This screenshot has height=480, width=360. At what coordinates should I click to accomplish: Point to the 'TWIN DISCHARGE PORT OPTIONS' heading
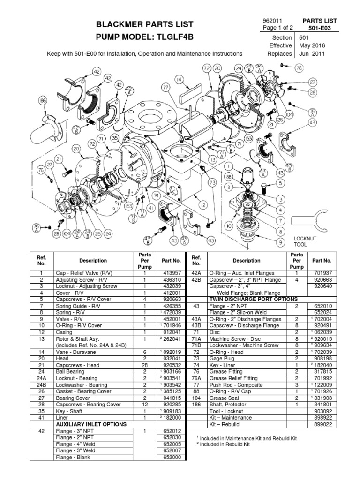pos(254,299)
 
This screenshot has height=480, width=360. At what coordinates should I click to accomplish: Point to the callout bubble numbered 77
pos(165,87)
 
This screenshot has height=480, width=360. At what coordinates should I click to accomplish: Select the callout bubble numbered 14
pos(179,80)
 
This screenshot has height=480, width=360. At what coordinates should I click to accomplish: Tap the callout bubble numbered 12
pos(203,204)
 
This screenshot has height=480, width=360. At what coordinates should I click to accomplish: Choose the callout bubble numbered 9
pos(280,242)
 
